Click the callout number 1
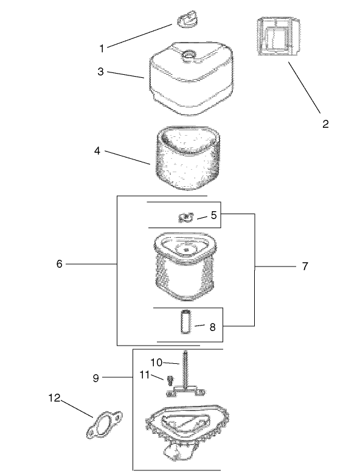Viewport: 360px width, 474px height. click(102, 48)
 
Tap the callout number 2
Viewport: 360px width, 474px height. click(325, 124)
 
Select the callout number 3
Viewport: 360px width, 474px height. click(100, 72)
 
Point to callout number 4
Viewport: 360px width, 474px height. click(97, 150)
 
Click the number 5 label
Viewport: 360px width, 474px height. click(213, 215)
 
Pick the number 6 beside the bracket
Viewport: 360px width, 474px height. click(60, 264)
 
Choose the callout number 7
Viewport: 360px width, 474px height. click(305, 267)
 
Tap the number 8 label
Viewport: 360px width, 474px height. click(213, 327)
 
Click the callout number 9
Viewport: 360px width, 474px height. click(95, 378)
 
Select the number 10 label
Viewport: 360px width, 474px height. click(156, 363)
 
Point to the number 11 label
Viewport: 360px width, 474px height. click(145, 375)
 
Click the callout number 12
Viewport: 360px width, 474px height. click(55, 398)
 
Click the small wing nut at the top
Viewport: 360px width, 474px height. click(187, 19)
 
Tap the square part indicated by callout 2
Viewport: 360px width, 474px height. click(279, 37)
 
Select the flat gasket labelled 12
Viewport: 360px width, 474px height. click(105, 425)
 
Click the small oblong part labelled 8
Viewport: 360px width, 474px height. click(185, 322)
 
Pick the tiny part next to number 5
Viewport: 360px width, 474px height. click(186, 217)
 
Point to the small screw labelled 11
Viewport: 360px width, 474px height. click(170, 380)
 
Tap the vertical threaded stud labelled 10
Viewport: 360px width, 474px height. click(185, 369)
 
